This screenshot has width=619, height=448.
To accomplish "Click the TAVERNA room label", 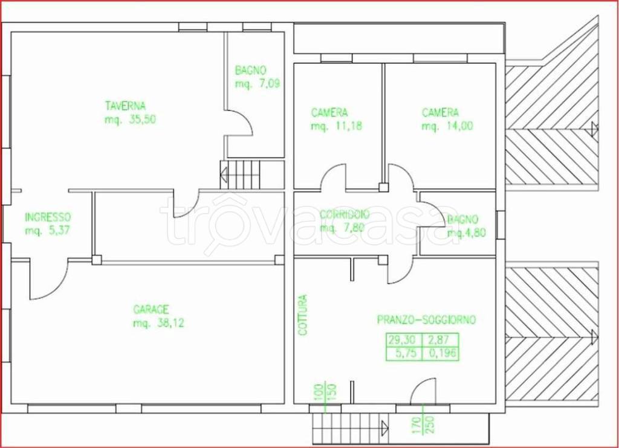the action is pos(125,106).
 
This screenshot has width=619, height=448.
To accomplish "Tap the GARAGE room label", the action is pos(151,310).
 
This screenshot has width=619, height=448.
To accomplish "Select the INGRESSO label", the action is pos(48,217).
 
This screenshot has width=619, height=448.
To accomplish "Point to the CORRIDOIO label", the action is pos(345,214).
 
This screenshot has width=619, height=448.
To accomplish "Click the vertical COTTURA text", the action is pos(303,315).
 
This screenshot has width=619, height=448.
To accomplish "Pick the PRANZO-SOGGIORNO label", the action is pos(426,319).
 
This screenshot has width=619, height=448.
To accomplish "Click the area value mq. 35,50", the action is pos(131,120).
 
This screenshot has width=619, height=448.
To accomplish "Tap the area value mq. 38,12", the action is pos(159,324).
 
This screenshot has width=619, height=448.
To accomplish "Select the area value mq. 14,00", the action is pos(447,126).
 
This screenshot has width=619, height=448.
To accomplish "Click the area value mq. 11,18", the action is pos(336,126).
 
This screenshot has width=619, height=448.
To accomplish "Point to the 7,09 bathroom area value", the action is pos(269,83).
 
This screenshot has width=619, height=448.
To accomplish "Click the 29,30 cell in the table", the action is pos(404,340).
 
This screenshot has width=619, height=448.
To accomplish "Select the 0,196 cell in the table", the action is pos(441,353).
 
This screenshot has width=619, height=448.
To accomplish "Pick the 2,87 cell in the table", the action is pos(441,340).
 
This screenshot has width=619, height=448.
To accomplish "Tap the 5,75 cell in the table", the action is pos(404,353).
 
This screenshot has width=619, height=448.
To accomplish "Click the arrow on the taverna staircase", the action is pos(224,174).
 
